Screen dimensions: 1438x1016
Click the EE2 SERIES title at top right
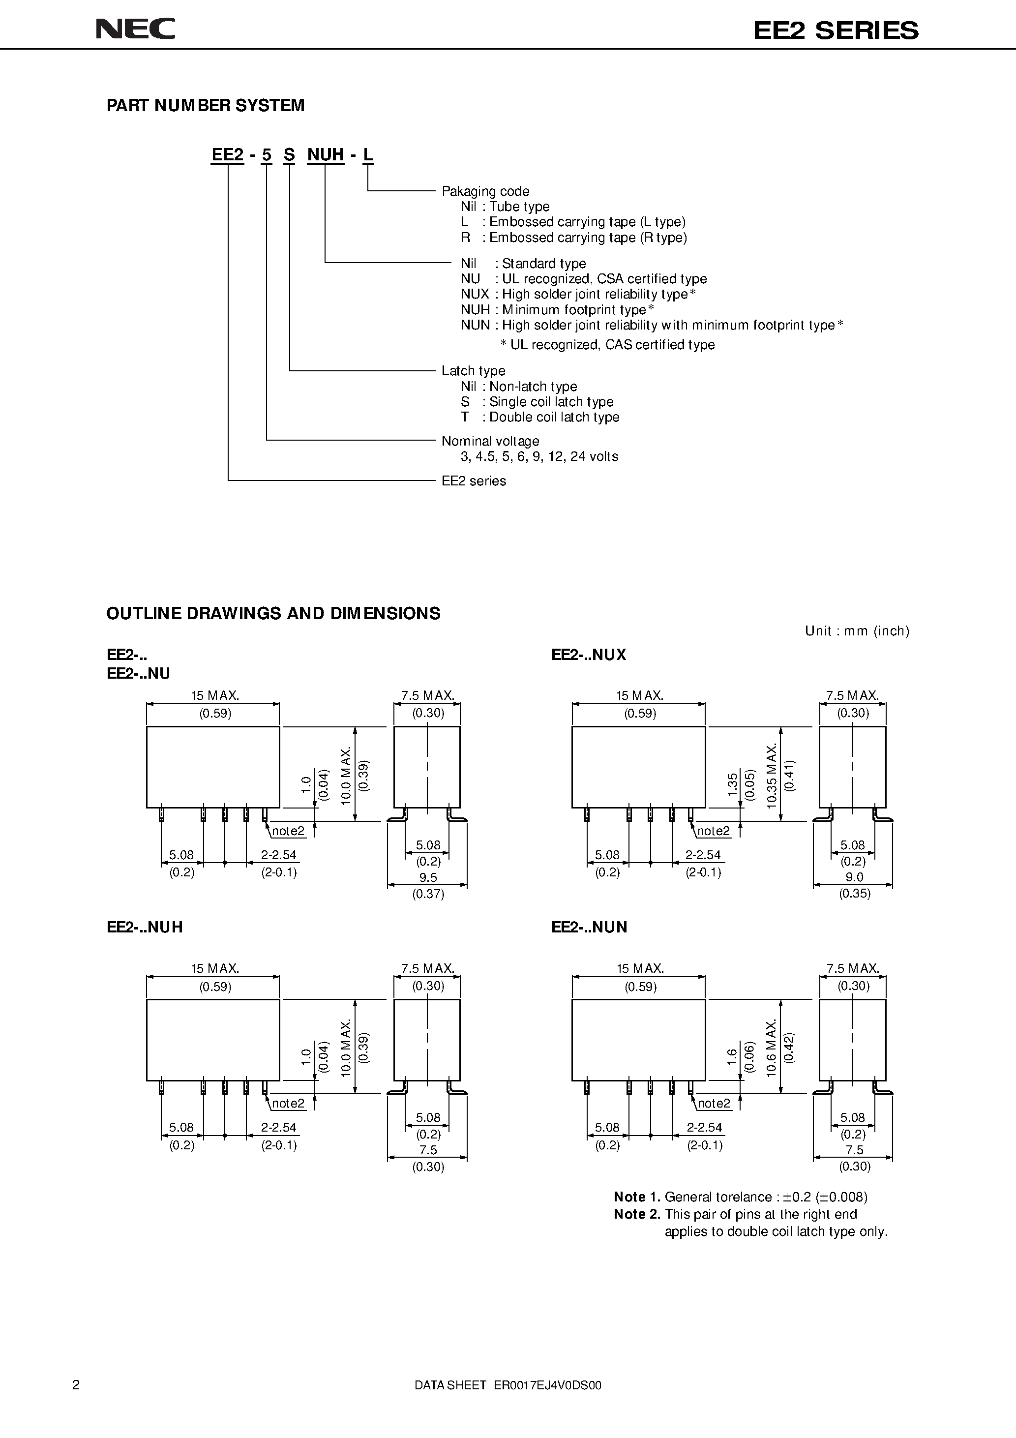pos(836,30)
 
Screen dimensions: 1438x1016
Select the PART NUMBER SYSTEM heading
pos(206,105)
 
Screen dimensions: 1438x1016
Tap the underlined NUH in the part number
pos(325,155)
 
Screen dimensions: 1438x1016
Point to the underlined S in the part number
pos(289,155)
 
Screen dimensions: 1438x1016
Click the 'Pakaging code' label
pos(485,191)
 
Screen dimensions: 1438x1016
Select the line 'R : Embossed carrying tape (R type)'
pos(574,238)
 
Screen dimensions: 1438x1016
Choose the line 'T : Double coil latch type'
pos(540,417)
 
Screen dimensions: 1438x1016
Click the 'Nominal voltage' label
pos(490,441)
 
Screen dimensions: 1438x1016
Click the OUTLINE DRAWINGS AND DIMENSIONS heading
pos(273,613)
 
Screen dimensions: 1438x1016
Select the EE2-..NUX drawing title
pos(589,655)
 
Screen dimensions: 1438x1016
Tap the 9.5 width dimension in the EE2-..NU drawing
pos(428,877)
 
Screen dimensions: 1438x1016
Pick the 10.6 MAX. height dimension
pos(772,1049)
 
